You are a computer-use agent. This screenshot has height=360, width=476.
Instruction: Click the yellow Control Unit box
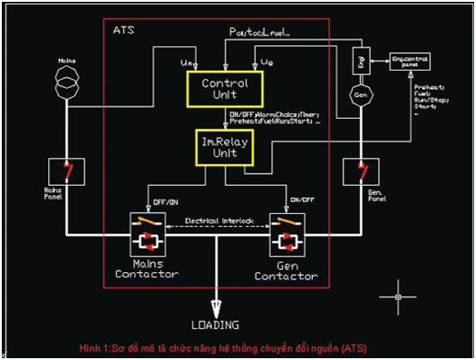225,88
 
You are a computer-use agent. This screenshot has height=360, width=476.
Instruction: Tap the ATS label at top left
125,30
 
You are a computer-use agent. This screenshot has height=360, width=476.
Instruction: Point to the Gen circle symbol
360,93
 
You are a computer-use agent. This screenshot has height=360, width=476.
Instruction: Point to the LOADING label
215,324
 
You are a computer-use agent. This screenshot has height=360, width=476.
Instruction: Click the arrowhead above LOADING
216,306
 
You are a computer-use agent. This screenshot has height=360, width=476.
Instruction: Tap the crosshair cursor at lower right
398,295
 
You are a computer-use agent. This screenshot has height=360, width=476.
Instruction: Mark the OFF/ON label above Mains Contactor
160,201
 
